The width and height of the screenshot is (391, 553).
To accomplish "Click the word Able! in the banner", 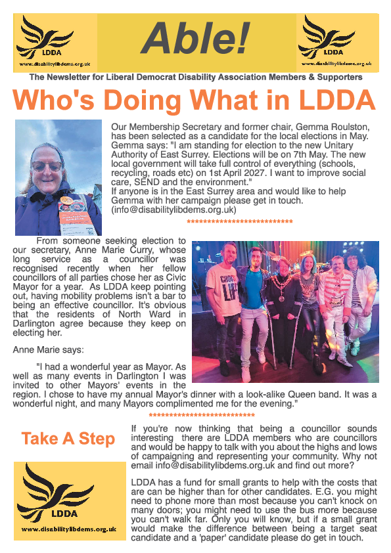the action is click(195, 38).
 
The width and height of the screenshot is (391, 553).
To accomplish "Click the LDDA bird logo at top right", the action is click(336, 38).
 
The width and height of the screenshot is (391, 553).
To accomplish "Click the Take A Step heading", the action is click(68, 439).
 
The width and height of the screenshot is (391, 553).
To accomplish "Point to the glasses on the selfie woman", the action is click(47, 167).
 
